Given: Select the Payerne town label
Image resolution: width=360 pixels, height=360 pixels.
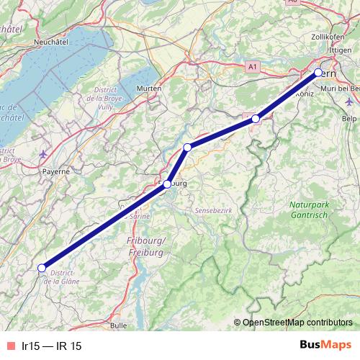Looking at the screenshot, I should click(55, 172).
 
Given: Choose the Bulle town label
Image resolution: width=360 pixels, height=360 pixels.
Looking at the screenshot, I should click(119, 325).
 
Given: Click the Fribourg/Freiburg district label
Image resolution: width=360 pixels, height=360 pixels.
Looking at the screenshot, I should click(146, 246).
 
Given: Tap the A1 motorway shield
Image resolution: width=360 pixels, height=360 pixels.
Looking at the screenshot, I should click(251, 66).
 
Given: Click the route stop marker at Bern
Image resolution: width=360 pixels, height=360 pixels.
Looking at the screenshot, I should click(318, 73).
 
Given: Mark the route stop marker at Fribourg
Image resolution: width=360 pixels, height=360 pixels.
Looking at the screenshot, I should click(167, 184).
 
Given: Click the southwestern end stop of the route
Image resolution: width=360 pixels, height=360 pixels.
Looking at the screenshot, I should click(42, 268).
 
